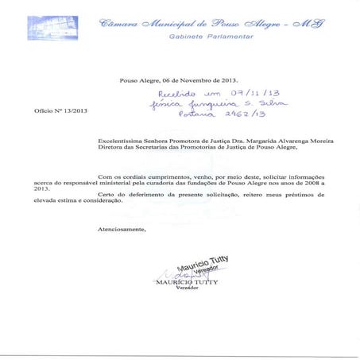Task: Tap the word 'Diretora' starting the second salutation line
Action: (110, 148)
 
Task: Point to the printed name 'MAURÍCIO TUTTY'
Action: (185, 281)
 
